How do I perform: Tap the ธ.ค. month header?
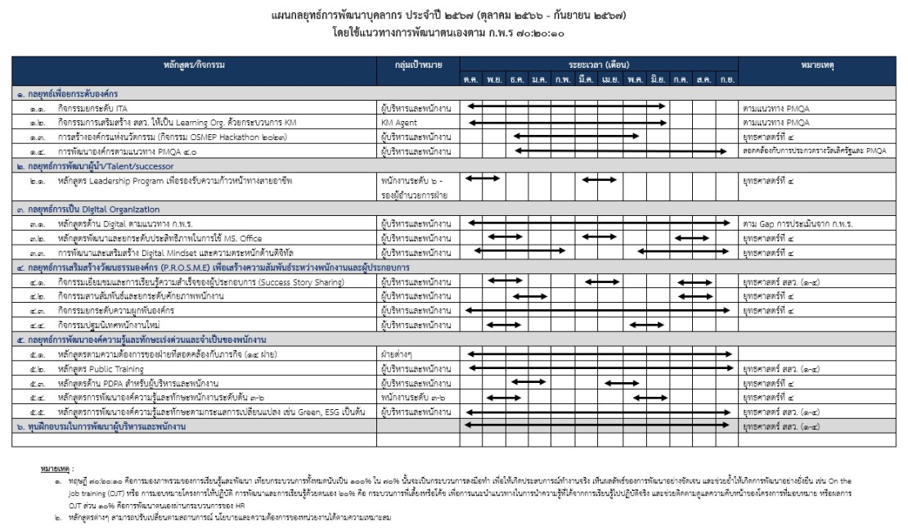coord(516,79)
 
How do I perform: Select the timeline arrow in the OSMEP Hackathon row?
coord(589,136)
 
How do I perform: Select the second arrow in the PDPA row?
coord(622,383)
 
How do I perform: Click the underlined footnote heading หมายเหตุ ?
coord(56,470)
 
